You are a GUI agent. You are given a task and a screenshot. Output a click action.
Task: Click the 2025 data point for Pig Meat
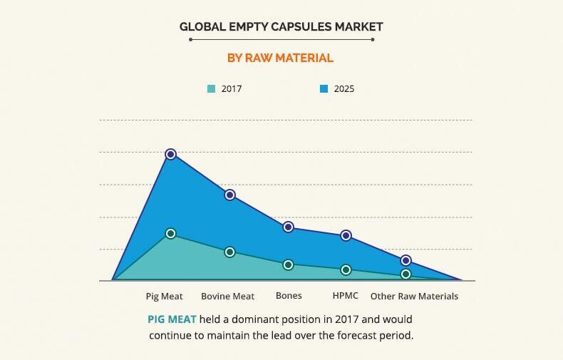tap(170, 154)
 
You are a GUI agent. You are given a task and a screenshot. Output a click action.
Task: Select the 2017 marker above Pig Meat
tap(170, 233)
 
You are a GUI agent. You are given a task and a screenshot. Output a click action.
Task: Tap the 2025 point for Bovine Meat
tap(229, 195)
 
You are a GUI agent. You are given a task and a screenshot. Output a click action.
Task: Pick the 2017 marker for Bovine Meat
tap(229, 252)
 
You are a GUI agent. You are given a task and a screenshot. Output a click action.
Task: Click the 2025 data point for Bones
tap(288, 227)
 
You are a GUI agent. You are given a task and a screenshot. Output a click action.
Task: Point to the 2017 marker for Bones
tap(288, 264)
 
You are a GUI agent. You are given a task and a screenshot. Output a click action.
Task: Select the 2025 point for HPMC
tap(346, 235)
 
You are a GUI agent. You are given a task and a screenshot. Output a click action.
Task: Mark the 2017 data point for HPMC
tap(346, 269)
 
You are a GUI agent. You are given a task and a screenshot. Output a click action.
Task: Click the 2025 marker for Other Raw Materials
tap(406, 260)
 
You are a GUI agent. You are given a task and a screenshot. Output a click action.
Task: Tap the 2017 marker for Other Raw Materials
tap(406, 274)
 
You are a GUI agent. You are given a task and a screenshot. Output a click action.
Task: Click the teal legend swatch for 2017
tap(211, 89)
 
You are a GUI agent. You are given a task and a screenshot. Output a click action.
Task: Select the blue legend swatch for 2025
tap(324, 89)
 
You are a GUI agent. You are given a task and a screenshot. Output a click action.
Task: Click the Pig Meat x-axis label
tap(164, 296)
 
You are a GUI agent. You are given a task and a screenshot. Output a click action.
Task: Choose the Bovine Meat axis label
tap(227, 296)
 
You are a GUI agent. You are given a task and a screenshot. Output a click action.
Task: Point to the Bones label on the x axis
tap(289, 296)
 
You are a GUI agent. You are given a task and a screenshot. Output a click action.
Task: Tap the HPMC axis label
tap(346, 296)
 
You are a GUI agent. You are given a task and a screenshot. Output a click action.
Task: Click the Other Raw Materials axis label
tap(414, 296)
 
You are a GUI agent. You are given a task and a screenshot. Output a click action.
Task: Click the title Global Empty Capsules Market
tap(281, 26)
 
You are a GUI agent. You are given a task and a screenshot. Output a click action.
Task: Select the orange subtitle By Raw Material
tap(280, 58)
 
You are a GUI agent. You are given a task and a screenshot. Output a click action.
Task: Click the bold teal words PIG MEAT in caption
tap(172, 319)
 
